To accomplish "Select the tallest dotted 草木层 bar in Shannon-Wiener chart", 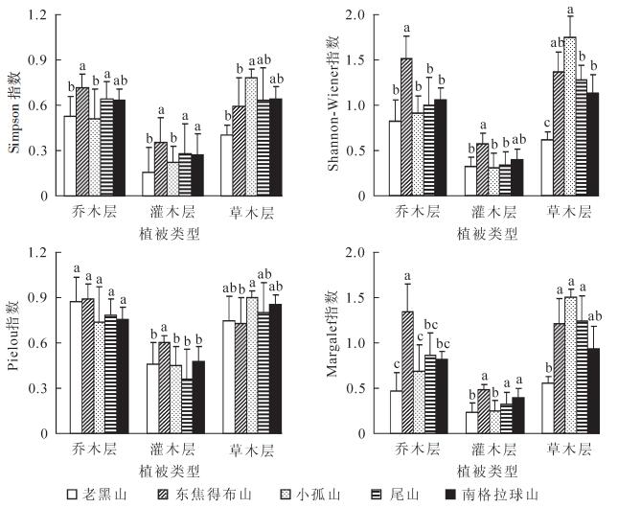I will click(x=569, y=117).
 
